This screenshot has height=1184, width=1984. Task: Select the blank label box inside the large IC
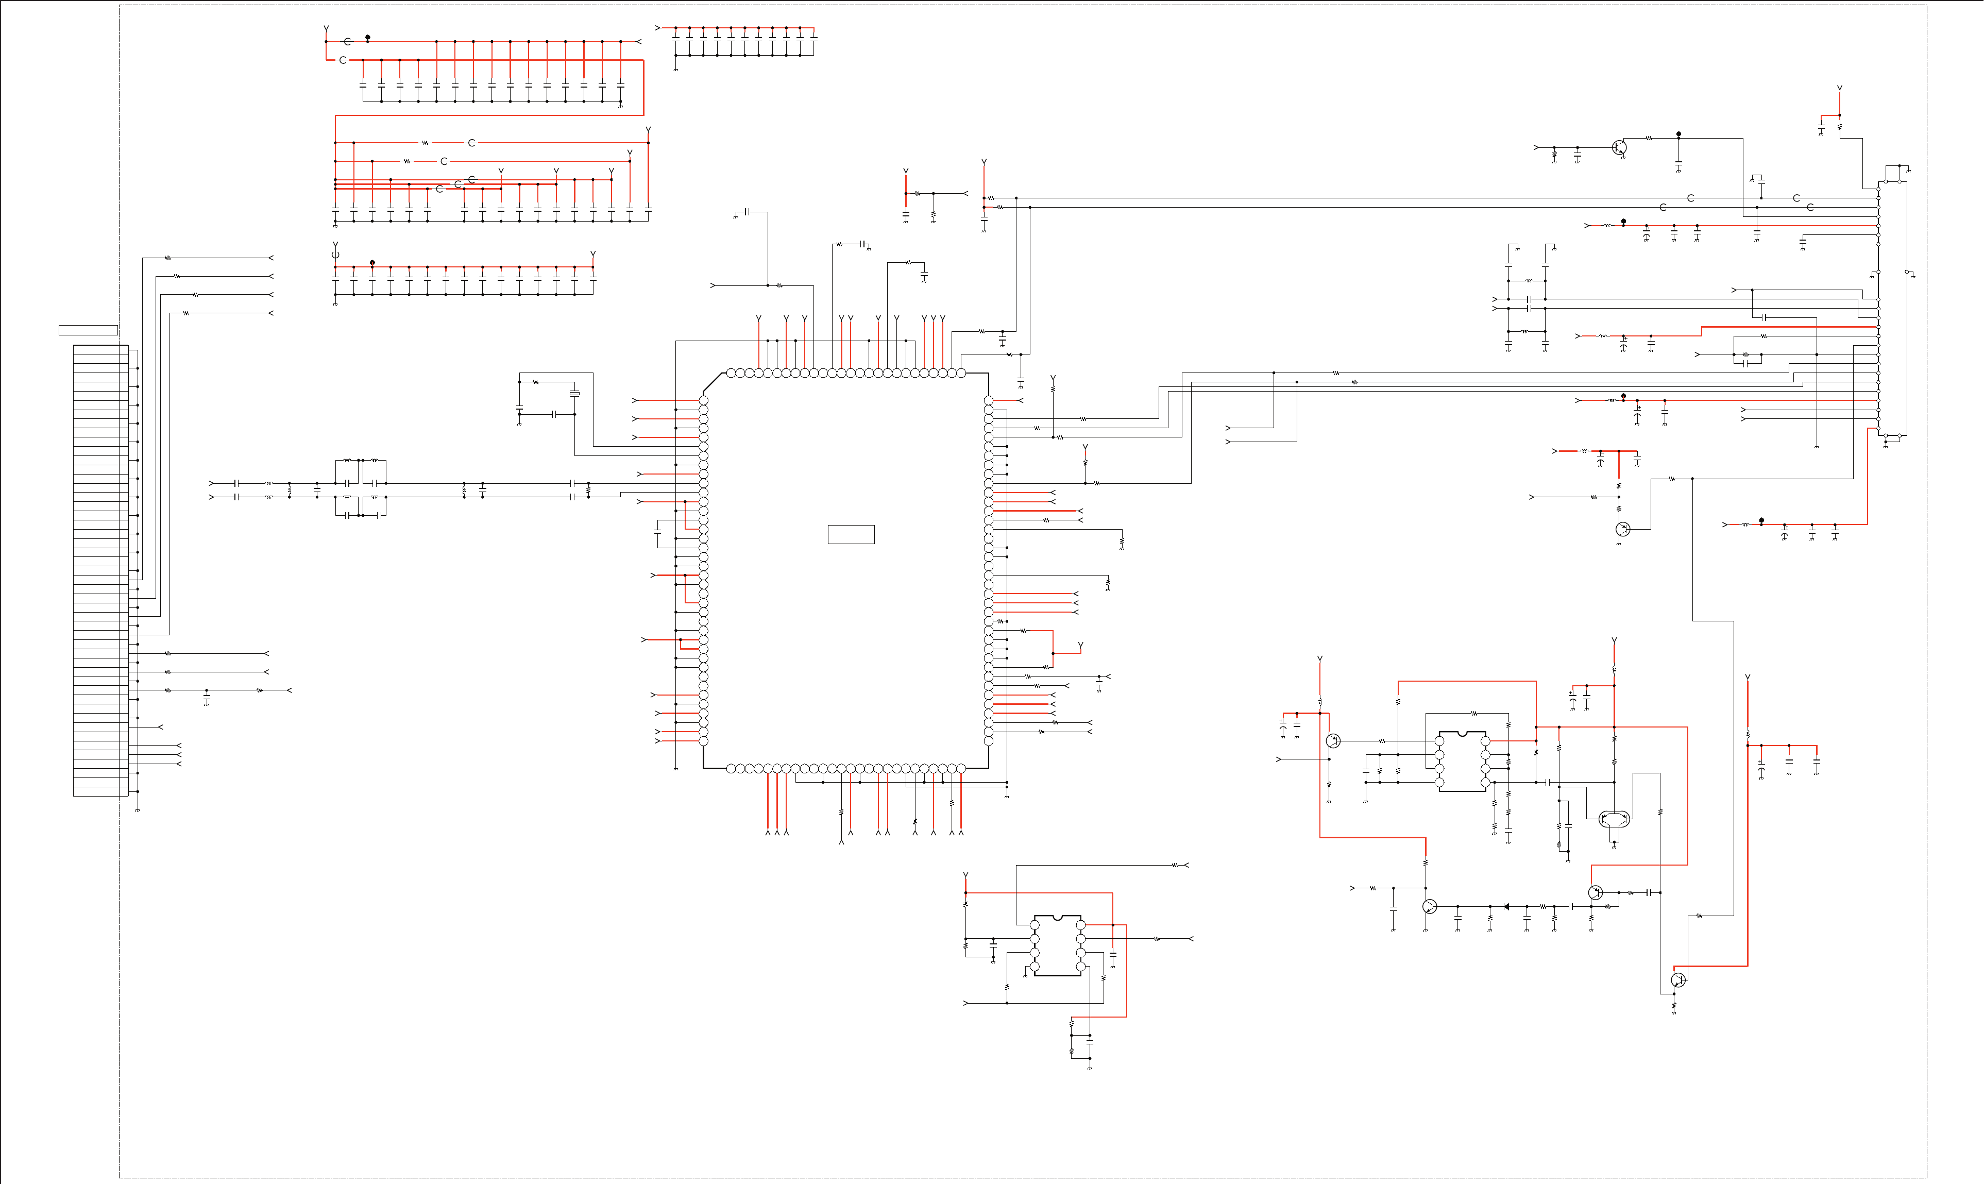pyautogui.click(x=851, y=535)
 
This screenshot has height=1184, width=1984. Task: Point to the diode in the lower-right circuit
pyautogui.click(x=1506, y=906)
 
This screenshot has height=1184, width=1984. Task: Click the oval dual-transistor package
pyautogui.click(x=1615, y=818)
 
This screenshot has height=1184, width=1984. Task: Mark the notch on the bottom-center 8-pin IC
pyautogui.click(x=1058, y=918)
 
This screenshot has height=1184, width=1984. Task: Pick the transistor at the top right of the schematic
pyautogui.click(x=1619, y=147)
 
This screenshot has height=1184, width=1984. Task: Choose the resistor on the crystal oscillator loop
pyautogui.click(x=536, y=382)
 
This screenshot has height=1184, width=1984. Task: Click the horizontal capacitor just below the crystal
pyautogui.click(x=553, y=415)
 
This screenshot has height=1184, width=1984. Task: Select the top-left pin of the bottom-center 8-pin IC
pyautogui.click(x=1035, y=925)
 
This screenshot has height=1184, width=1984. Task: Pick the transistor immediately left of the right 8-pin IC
pyautogui.click(x=1333, y=741)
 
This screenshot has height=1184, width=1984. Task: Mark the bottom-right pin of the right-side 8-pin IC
pyautogui.click(x=1485, y=783)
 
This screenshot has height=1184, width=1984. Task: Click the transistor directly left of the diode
pyautogui.click(x=1430, y=906)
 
